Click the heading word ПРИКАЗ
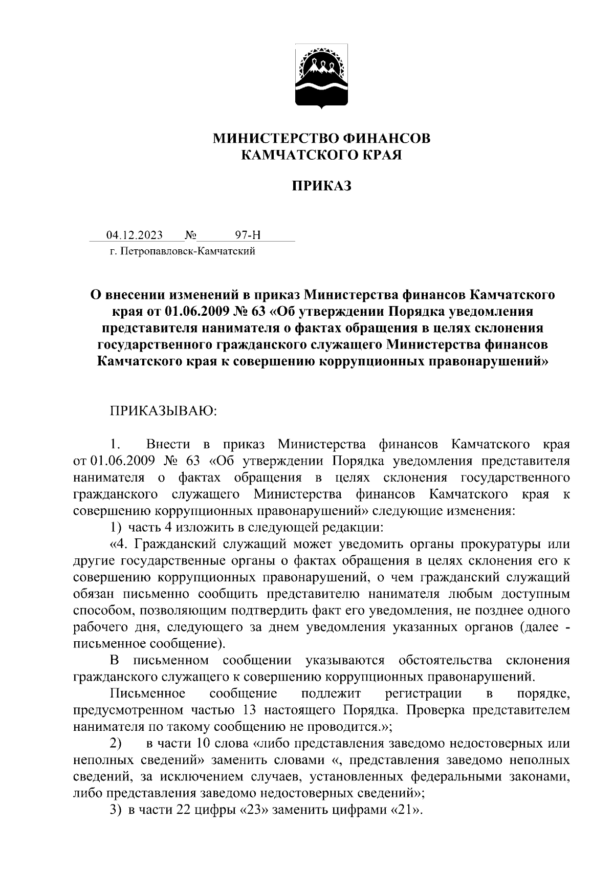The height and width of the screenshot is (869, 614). click(321, 186)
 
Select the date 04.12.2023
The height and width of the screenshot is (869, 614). click(134, 235)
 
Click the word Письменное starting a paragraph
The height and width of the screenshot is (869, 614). click(147, 693)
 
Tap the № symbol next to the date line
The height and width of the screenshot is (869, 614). click(190, 235)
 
